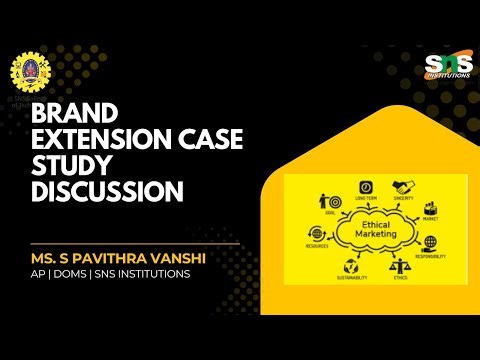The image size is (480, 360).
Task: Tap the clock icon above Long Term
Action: point(366,187)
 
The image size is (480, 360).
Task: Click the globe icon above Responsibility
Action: point(429,243)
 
